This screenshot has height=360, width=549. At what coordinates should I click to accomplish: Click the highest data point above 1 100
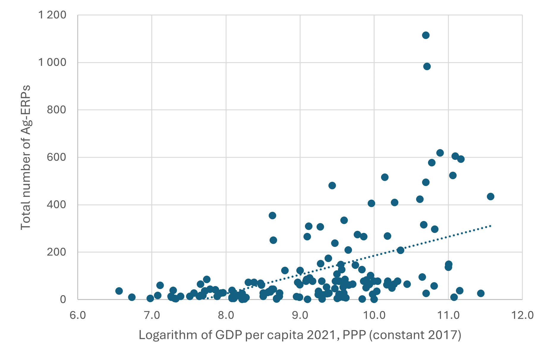click(x=426, y=35)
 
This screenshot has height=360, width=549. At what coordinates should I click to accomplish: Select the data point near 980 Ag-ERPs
click(x=427, y=67)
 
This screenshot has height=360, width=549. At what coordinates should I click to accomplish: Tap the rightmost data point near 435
click(x=490, y=197)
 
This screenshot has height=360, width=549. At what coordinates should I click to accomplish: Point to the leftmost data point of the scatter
click(x=119, y=291)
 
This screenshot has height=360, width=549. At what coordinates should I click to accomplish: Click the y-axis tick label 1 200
click(x=52, y=15)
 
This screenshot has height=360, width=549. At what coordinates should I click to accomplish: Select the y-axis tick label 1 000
click(x=52, y=62)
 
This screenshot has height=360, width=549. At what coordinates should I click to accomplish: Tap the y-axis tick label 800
click(x=56, y=110)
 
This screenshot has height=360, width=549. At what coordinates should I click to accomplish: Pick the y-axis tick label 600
click(x=56, y=157)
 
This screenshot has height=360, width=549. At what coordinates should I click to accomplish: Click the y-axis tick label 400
click(x=56, y=205)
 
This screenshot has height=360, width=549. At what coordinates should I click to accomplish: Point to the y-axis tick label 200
click(x=56, y=252)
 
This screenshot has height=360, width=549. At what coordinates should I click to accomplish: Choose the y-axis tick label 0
click(x=63, y=299)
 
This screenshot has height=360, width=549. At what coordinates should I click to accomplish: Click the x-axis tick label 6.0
click(x=78, y=315)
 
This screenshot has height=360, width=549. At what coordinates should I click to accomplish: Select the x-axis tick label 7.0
click(x=152, y=315)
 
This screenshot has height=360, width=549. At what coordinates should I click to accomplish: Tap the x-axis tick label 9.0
click(x=300, y=315)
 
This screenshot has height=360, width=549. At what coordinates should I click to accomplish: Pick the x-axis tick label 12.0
click(x=522, y=315)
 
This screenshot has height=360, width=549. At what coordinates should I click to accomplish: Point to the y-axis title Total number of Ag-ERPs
click(x=26, y=157)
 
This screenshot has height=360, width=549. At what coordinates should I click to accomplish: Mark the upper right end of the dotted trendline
click(x=490, y=226)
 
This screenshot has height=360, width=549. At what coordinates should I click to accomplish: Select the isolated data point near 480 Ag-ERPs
click(x=332, y=186)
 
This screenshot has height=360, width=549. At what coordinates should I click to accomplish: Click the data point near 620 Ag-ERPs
click(x=440, y=153)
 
